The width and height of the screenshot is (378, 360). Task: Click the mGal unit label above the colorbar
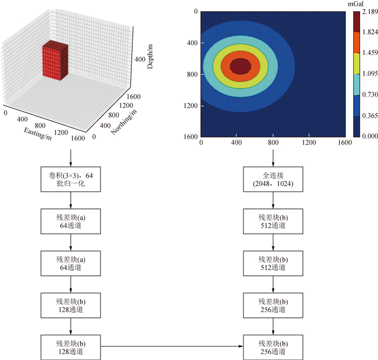coord(359,4)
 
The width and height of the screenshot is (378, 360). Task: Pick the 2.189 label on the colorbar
coord(370,11)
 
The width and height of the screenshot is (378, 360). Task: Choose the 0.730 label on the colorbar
coord(370,94)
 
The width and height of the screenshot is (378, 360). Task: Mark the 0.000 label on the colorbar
coord(370,136)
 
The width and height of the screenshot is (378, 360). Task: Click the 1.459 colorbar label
coord(370,53)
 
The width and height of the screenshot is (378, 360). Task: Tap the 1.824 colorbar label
coord(370,32)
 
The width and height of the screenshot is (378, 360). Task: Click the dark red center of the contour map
coord(240,66)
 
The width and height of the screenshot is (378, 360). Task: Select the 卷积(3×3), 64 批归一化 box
coord(71,179)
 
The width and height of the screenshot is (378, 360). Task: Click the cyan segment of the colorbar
coord(357,84)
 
